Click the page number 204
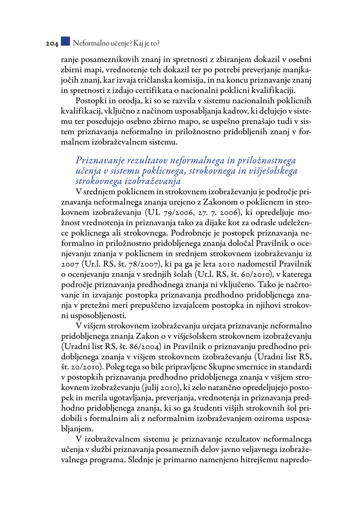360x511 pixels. tap(52, 44)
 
